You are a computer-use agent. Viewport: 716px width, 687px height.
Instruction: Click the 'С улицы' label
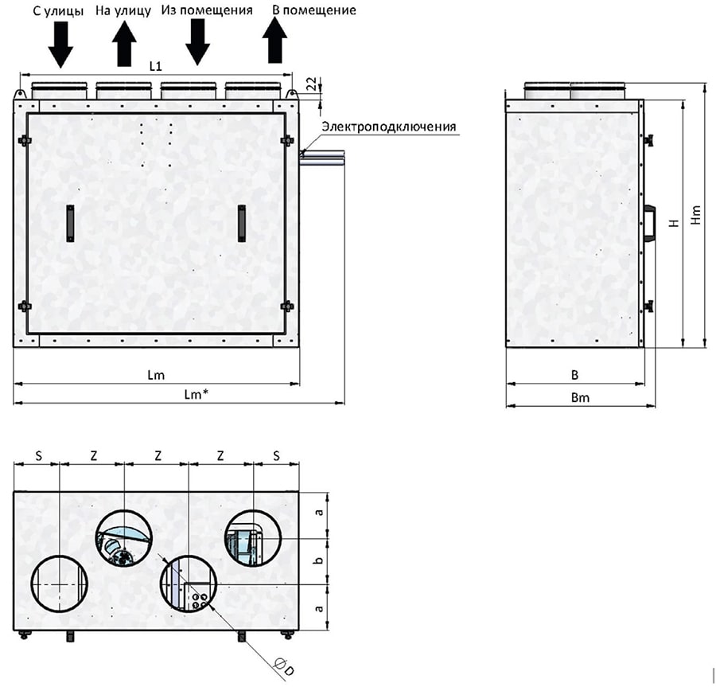click(58, 11)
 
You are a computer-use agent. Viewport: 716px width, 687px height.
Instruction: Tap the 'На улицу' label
click(123, 10)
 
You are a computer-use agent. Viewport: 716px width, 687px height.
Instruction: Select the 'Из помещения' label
click(207, 10)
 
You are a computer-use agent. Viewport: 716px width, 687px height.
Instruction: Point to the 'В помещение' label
click(314, 10)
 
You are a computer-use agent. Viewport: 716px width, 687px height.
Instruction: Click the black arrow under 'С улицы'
click(60, 45)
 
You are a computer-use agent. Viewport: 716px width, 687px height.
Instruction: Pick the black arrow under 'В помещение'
click(274, 41)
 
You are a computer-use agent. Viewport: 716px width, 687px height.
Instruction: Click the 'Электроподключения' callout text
click(388, 127)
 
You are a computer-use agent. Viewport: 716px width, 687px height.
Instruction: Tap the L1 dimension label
click(156, 66)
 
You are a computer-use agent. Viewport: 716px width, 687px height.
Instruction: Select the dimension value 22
click(310, 84)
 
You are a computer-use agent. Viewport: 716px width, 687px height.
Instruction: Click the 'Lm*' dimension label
click(197, 394)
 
